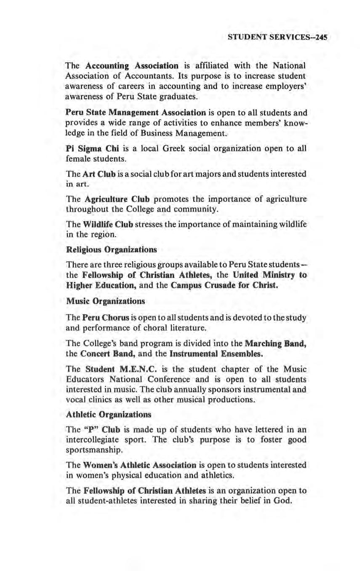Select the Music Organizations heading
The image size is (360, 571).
point(106,301)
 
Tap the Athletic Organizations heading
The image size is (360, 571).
point(109,414)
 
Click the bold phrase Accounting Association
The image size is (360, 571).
point(132,66)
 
